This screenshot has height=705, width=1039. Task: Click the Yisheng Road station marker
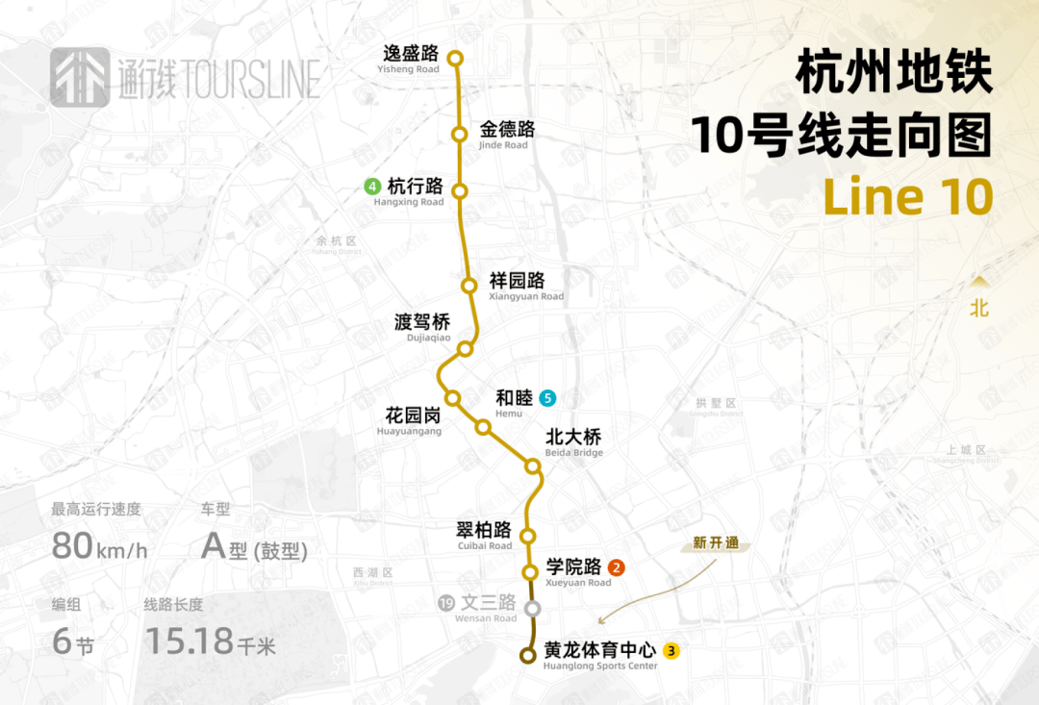[x=456, y=59]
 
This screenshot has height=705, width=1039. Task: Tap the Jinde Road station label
[x=506, y=135]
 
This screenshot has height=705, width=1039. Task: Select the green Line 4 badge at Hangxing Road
[x=372, y=187]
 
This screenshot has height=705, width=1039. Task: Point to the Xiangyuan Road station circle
[x=469, y=286]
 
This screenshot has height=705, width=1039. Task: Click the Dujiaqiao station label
[x=422, y=328]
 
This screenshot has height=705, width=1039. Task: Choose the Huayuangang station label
[x=413, y=421]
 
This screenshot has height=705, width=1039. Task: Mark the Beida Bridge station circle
[x=533, y=466]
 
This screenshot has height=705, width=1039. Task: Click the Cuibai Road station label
[x=484, y=535]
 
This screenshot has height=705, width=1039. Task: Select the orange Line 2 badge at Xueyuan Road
[x=617, y=567]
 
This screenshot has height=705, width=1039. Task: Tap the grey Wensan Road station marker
[x=533, y=608]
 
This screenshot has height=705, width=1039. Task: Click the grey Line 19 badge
[x=445, y=604]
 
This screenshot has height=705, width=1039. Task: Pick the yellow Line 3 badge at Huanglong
[x=672, y=651]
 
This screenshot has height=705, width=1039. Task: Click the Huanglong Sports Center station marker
[x=527, y=656]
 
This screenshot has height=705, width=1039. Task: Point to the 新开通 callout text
[x=717, y=543]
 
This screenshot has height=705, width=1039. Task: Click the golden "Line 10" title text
[x=907, y=197]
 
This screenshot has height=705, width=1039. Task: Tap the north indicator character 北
[x=978, y=309]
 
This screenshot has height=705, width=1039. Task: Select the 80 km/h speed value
[x=99, y=546]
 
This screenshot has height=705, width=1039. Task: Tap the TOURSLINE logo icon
[x=80, y=77]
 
